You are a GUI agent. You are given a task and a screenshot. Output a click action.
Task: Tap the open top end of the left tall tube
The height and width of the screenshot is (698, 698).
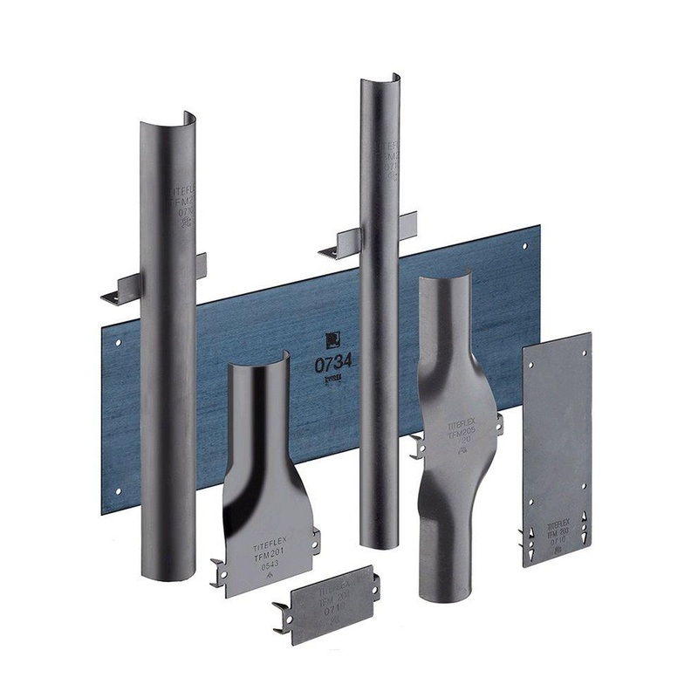(166, 121)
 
